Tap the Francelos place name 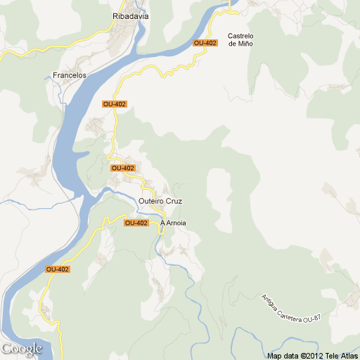(x=69, y=75)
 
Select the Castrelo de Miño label (x=240, y=40)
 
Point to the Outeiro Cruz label (x=160, y=201)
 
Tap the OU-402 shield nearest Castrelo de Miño (x=205, y=43)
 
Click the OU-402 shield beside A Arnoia (x=136, y=223)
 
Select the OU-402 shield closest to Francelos (x=114, y=104)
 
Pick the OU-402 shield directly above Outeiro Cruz (x=122, y=168)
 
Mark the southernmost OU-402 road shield (x=57, y=269)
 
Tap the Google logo (x=21, y=349)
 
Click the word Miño (x=245, y=44)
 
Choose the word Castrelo (x=240, y=36)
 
